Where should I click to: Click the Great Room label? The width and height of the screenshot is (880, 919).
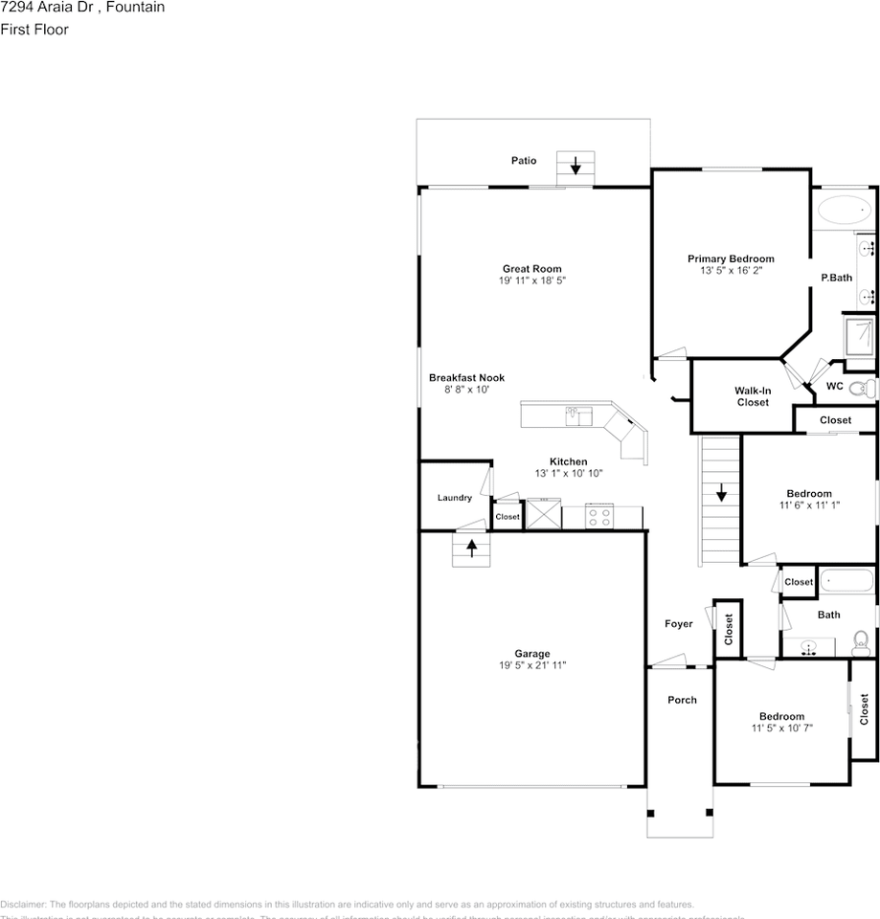(531, 269)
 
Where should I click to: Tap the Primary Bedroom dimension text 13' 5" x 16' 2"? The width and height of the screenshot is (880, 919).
(731, 271)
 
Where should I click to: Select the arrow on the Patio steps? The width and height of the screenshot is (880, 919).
(575, 167)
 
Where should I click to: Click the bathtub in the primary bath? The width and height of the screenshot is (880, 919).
(844, 209)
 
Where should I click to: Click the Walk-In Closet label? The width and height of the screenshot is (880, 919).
(753, 396)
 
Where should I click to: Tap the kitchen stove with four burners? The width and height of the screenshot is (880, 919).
(599, 517)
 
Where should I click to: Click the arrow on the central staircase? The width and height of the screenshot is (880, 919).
(721, 494)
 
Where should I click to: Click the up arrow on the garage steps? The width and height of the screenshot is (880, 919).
(471, 549)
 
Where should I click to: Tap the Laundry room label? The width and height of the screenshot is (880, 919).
(455, 498)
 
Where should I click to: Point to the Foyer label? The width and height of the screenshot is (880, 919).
(679, 624)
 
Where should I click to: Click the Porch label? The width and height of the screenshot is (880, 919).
(682, 700)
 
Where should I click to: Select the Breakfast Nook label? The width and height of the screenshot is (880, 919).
(466, 378)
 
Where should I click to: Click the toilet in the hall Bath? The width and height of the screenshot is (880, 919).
(860, 639)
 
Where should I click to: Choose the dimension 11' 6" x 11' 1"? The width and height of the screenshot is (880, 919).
(809, 504)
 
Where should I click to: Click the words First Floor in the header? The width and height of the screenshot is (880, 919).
(34, 30)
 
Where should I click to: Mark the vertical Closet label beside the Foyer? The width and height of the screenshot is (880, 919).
(729, 628)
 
